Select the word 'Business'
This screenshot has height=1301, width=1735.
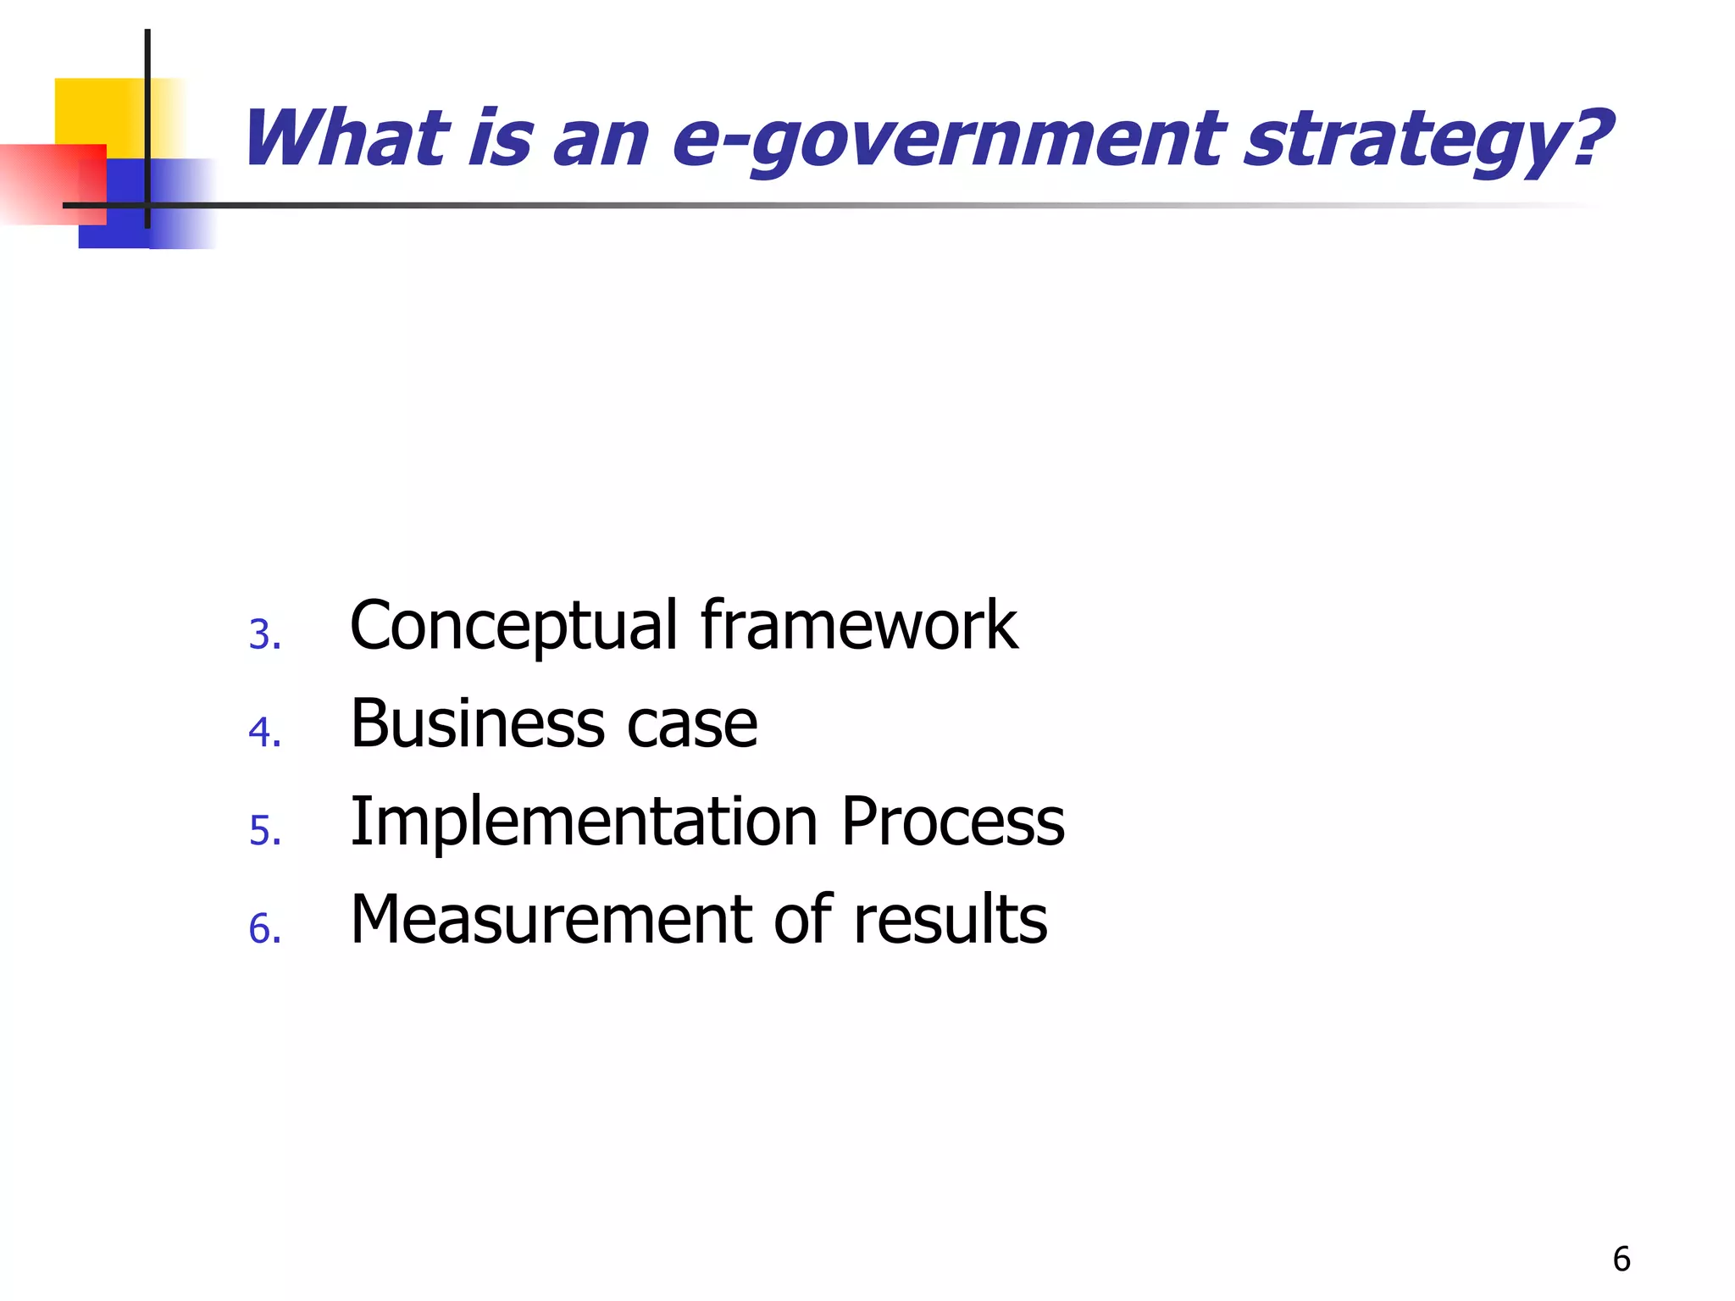[x=479, y=724]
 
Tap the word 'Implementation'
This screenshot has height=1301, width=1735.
[x=585, y=822]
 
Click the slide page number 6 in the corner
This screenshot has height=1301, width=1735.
[x=1621, y=1259]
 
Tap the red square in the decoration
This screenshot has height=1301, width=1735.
[x=51, y=184]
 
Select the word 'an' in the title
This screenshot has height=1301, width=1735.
[x=601, y=140]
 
